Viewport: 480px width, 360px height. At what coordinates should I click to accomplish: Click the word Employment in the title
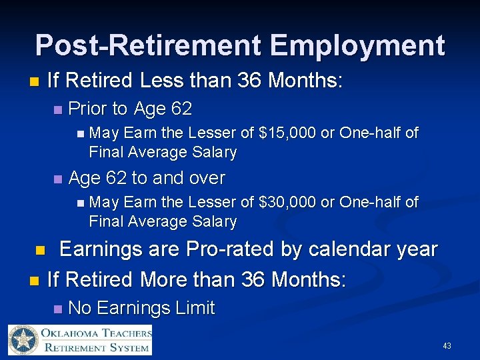tap(357, 45)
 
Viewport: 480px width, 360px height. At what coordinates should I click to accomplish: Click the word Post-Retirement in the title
tap(148, 45)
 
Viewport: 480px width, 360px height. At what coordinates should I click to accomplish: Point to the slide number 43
tap(447, 346)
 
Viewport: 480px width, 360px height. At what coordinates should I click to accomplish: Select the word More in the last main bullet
tap(165, 279)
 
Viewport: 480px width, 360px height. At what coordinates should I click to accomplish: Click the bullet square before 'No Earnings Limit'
tap(58, 309)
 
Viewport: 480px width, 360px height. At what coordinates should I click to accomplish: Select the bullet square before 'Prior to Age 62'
tap(58, 109)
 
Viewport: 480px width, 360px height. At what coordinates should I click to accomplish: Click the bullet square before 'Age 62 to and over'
tap(58, 179)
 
